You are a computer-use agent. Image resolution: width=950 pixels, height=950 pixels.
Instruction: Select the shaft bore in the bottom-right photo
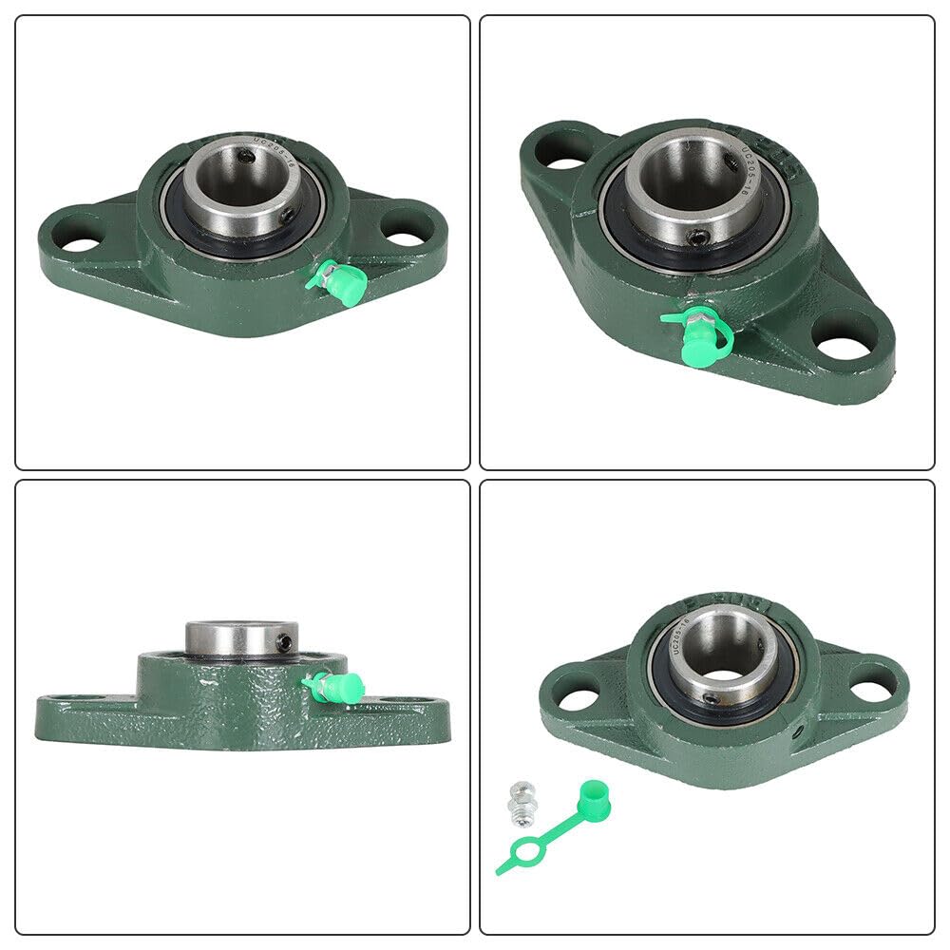coord(730,646)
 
